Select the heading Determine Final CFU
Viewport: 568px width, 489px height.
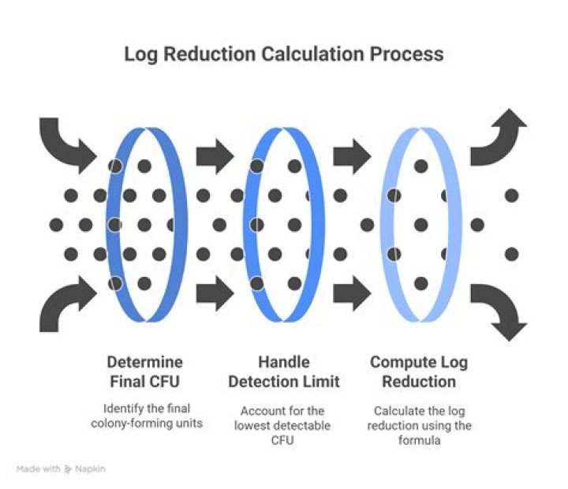pos(145,371)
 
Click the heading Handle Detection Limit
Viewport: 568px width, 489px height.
pos(284,371)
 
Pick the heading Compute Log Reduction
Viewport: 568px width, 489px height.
pos(419,371)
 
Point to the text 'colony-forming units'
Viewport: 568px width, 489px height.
pos(147,423)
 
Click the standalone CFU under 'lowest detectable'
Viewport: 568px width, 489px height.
pos(282,440)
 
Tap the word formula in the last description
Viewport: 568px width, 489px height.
pos(419,440)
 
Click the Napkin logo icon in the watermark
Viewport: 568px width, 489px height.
pos(68,469)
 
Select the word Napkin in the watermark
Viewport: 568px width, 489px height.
pos(90,468)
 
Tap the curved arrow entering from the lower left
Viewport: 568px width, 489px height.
pos(67,304)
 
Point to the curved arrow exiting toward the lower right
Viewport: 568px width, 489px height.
pos(499,312)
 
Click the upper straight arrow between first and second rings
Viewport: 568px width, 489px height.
pos(215,156)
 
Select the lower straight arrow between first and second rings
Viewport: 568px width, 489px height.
pos(215,293)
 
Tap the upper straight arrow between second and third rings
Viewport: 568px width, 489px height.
pos(352,156)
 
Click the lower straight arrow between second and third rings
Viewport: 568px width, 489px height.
pos(352,293)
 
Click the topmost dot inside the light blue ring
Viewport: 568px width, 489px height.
pos(421,166)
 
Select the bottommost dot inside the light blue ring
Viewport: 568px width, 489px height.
pos(421,284)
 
